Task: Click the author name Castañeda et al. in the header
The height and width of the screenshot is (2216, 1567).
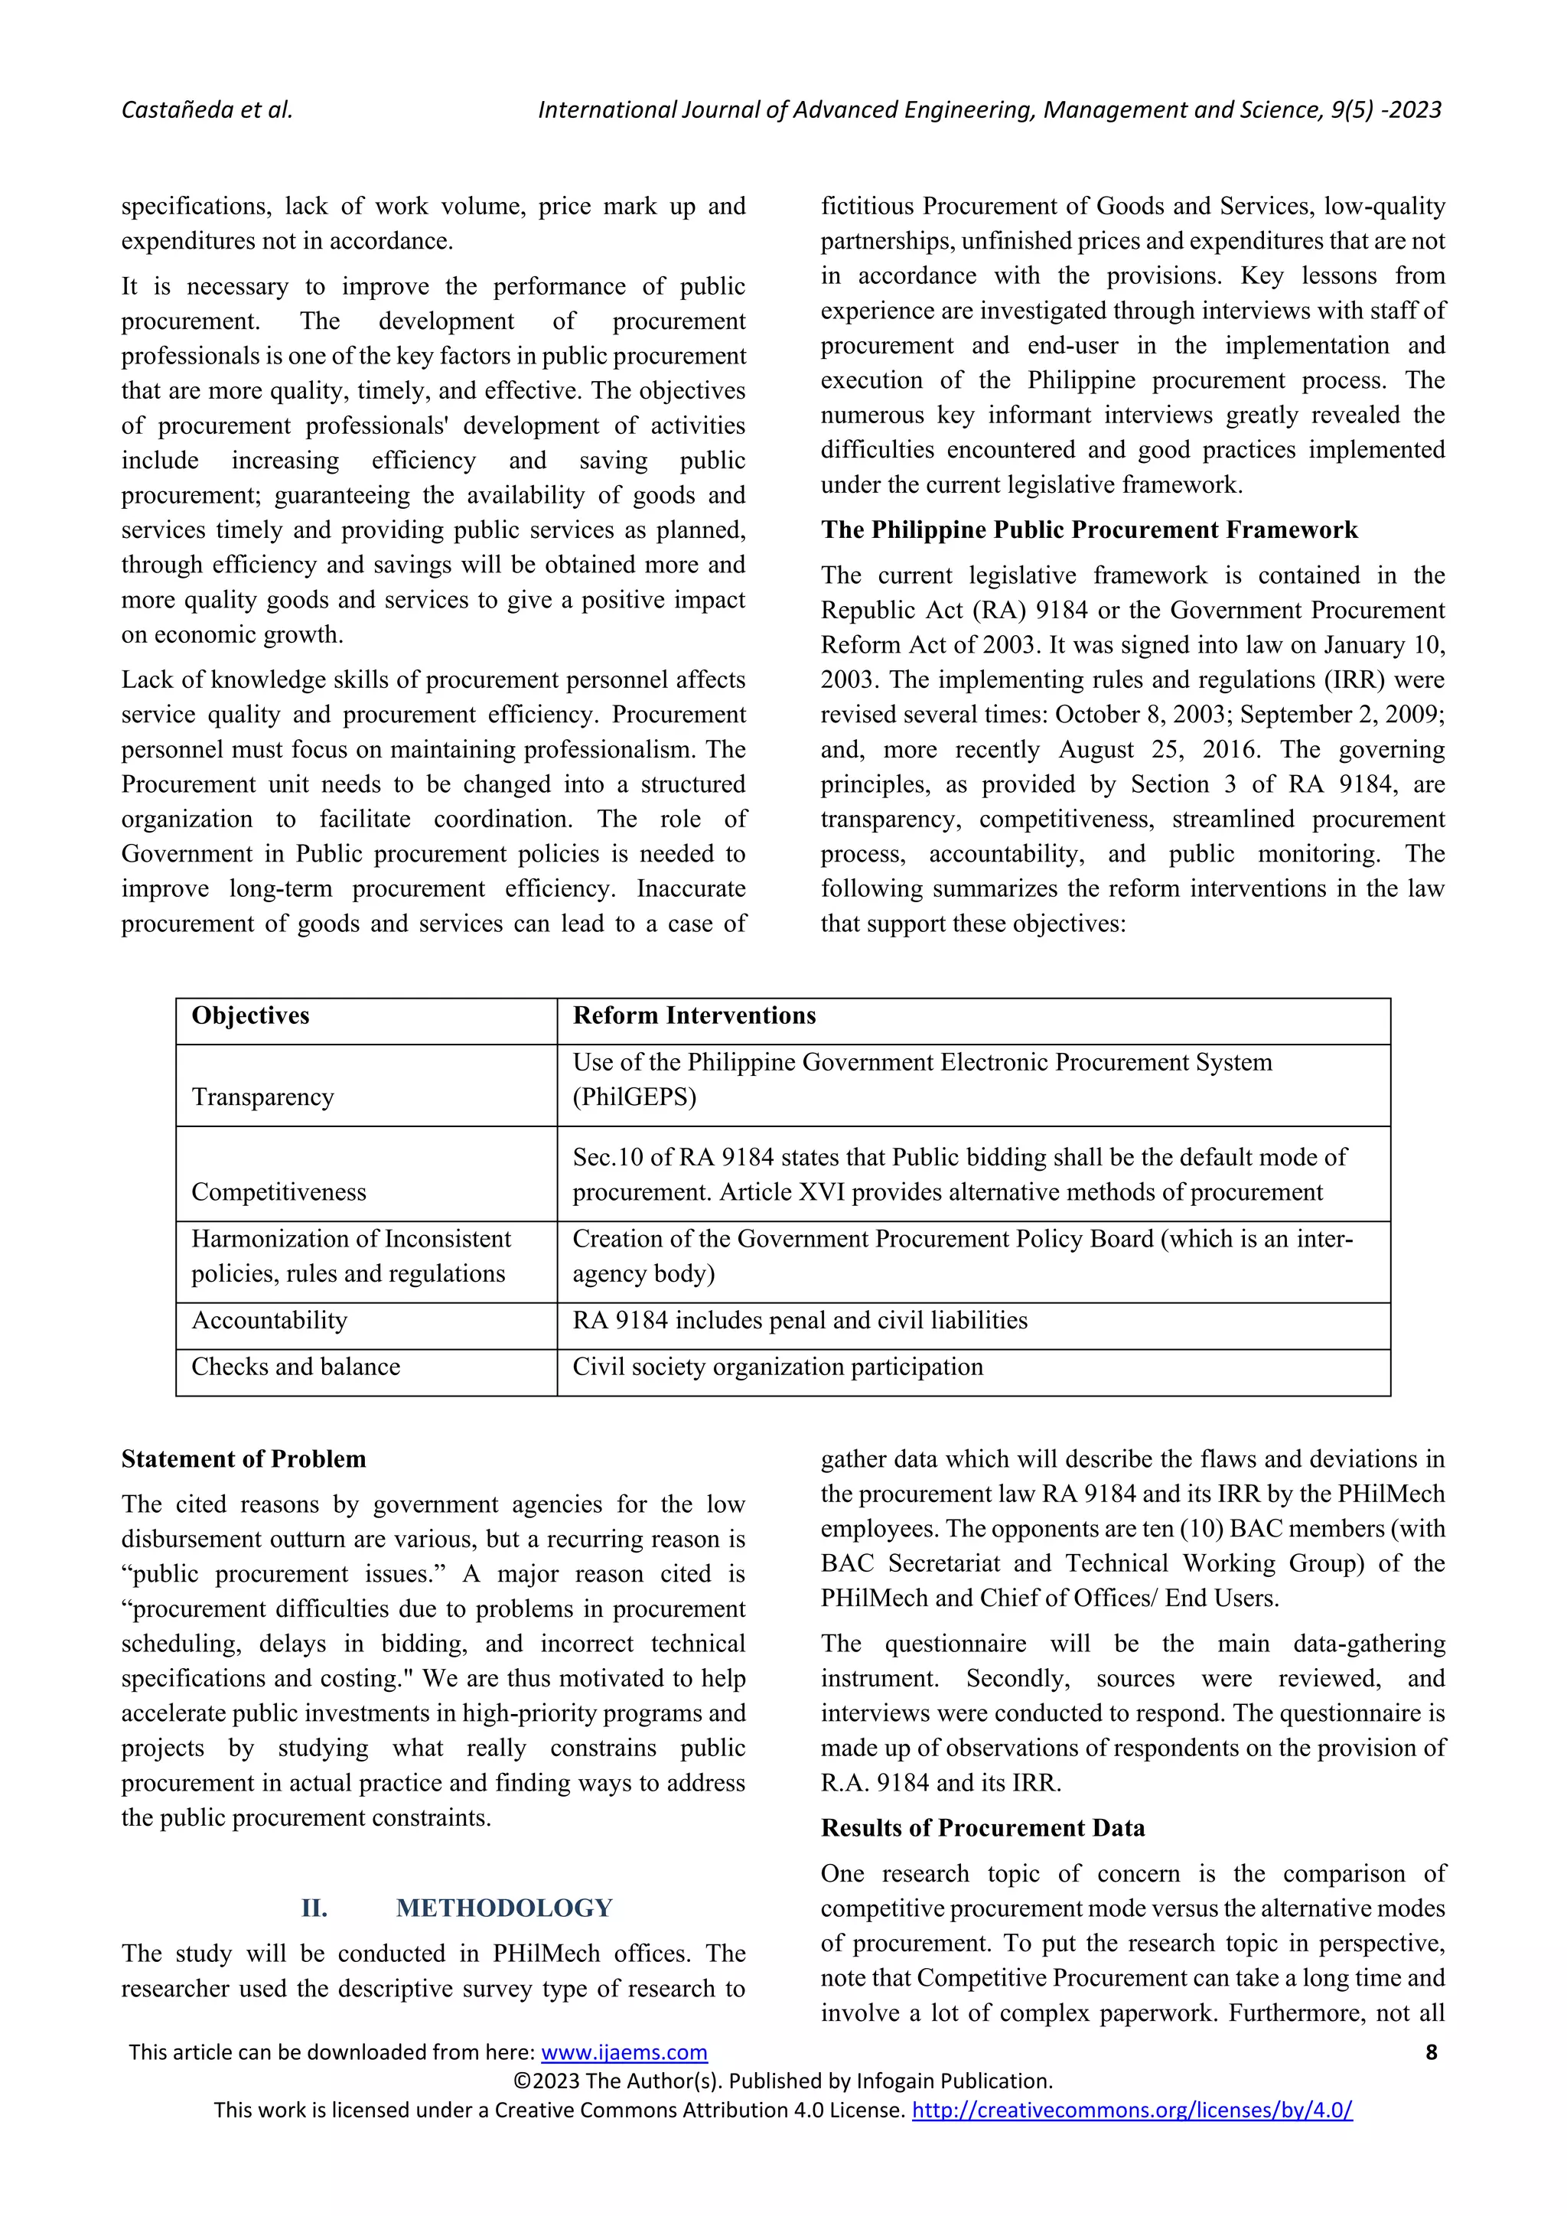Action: coord(207,110)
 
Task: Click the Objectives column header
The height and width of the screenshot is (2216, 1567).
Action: coord(250,1015)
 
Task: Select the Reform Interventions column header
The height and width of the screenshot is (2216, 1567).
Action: coord(694,1015)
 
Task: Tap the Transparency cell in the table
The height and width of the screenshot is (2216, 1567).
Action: coord(262,1097)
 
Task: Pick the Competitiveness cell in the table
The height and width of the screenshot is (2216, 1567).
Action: coord(278,1192)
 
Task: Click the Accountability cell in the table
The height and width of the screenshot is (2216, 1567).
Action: coord(269,1320)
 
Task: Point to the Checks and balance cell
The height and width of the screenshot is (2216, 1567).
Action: coord(295,1367)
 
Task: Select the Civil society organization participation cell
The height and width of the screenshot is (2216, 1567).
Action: coord(777,1367)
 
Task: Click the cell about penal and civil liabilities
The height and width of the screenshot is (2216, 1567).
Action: coord(800,1320)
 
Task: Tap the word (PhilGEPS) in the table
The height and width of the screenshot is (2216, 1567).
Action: coord(634,1097)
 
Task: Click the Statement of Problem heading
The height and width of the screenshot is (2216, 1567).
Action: coord(243,1458)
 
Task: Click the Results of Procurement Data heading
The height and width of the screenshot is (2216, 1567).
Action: coord(982,1828)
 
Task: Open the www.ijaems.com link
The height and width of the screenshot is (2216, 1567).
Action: coord(624,2053)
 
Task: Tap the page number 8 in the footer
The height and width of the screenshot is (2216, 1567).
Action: coord(1431,2053)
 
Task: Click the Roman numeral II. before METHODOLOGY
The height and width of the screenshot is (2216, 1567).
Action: coord(314,1908)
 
